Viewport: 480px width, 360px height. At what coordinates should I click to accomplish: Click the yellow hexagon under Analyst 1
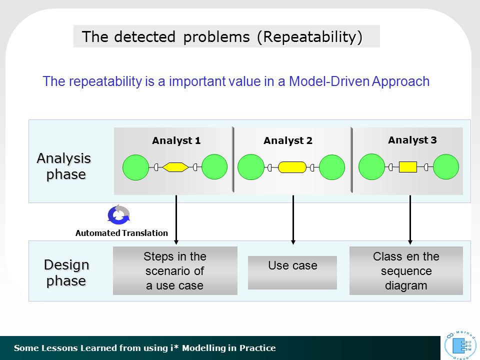coord(175,167)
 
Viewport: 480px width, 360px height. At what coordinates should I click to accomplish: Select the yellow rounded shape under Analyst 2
coord(292,167)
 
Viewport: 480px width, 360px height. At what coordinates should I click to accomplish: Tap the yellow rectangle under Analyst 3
coord(408,167)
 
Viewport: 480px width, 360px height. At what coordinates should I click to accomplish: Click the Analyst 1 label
coord(176,140)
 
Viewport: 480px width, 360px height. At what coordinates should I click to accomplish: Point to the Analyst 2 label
coord(288,140)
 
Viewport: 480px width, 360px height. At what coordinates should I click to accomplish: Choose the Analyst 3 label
coord(412,140)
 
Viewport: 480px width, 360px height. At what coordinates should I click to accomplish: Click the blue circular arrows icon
coord(119,214)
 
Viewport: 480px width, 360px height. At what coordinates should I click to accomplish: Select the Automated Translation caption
coord(121,233)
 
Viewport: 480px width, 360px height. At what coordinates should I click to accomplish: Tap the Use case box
coord(292,272)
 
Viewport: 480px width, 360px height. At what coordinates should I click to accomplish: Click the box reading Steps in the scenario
coord(175,270)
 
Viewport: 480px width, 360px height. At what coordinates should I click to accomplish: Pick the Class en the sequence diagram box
coord(406,270)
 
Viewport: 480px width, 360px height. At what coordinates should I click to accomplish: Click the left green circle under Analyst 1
coord(135,167)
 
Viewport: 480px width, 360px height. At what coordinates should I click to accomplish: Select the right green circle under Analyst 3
coord(446,167)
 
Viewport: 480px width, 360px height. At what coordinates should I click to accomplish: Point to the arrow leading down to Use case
coord(293,220)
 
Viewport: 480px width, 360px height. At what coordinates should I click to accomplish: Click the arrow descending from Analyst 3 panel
coord(410,220)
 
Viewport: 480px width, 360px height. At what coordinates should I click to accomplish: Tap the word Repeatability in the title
coord(310,36)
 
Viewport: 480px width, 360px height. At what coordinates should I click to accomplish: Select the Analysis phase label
coord(64,166)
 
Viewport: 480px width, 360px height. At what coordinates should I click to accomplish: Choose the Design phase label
coord(66,273)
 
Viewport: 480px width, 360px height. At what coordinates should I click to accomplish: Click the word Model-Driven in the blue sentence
coord(329,81)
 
